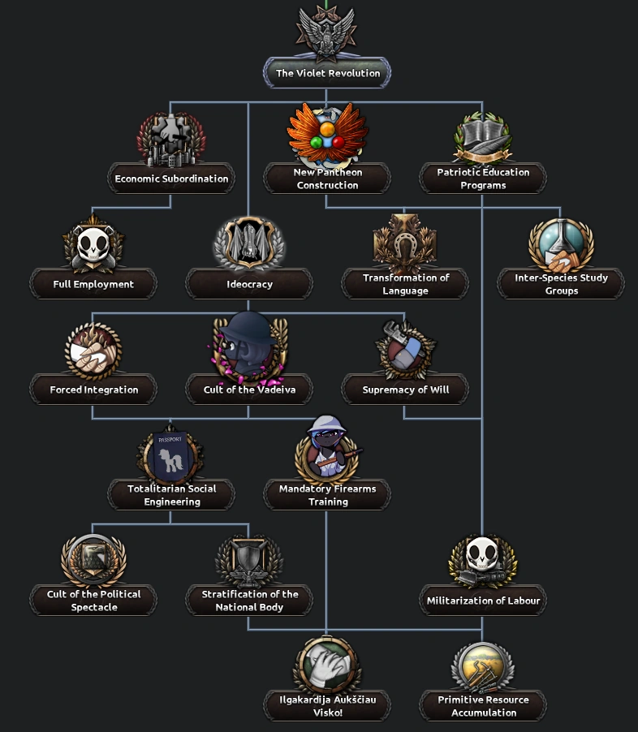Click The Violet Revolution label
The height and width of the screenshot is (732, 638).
[x=327, y=73]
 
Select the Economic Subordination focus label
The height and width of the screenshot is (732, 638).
[x=171, y=179]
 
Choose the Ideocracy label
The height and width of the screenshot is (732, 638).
[x=249, y=284]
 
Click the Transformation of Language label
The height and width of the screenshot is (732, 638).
[x=405, y=284]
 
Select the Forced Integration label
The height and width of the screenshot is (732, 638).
[x=93, y=390]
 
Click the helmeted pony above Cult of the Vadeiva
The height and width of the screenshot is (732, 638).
[x=249, y=345]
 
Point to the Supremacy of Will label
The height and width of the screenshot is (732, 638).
[x=405, y=390]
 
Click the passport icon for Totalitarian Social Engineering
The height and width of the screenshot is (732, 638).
[x=171, y=456]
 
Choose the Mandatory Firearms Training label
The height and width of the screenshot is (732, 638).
[x=327, y=495]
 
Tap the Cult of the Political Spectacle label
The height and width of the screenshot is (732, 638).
[x=93, y=601]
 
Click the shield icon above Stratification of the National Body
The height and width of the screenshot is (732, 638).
[x=249, y=560]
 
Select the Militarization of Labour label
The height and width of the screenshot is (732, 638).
[x=483, y=601]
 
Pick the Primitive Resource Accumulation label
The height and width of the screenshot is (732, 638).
[x=483, y=706]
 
